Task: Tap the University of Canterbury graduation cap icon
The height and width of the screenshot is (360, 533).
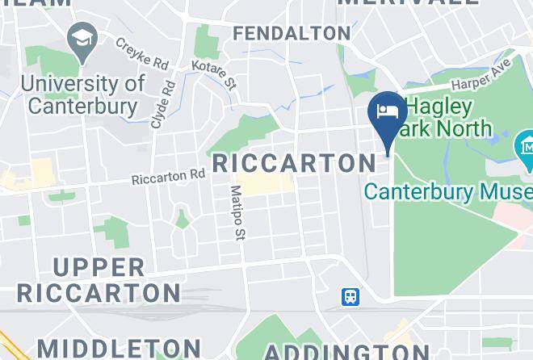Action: (82, 38)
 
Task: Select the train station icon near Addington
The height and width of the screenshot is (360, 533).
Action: (350, 297)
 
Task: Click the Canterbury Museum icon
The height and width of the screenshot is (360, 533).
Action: (524, 147)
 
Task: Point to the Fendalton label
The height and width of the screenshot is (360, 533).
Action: (291, 33)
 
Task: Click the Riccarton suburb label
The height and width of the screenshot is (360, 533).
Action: (294, 163)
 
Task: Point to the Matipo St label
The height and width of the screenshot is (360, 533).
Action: (237, 212)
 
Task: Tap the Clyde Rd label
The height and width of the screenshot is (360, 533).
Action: (162, 103)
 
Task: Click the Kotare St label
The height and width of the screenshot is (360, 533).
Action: (213, 73)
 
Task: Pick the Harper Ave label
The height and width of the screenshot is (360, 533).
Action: (482, 73)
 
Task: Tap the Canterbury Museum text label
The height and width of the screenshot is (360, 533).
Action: (448, 192)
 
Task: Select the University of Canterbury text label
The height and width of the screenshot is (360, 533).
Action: (83, 94)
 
